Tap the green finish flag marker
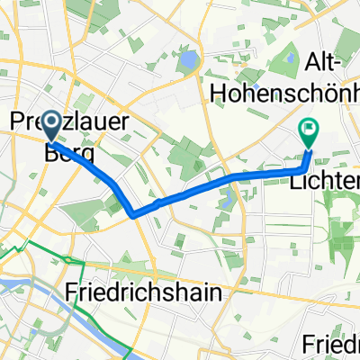[309, 132]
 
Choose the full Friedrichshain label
[145, 292]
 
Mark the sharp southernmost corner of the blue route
[133, 215]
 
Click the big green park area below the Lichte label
[340, 225]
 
